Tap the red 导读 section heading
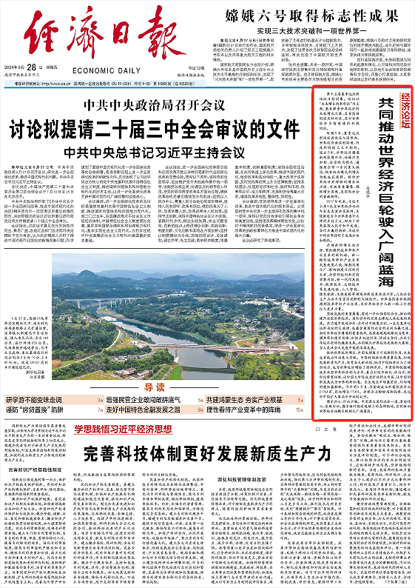click(155, 387)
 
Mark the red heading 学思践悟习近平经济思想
click(123, 427)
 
